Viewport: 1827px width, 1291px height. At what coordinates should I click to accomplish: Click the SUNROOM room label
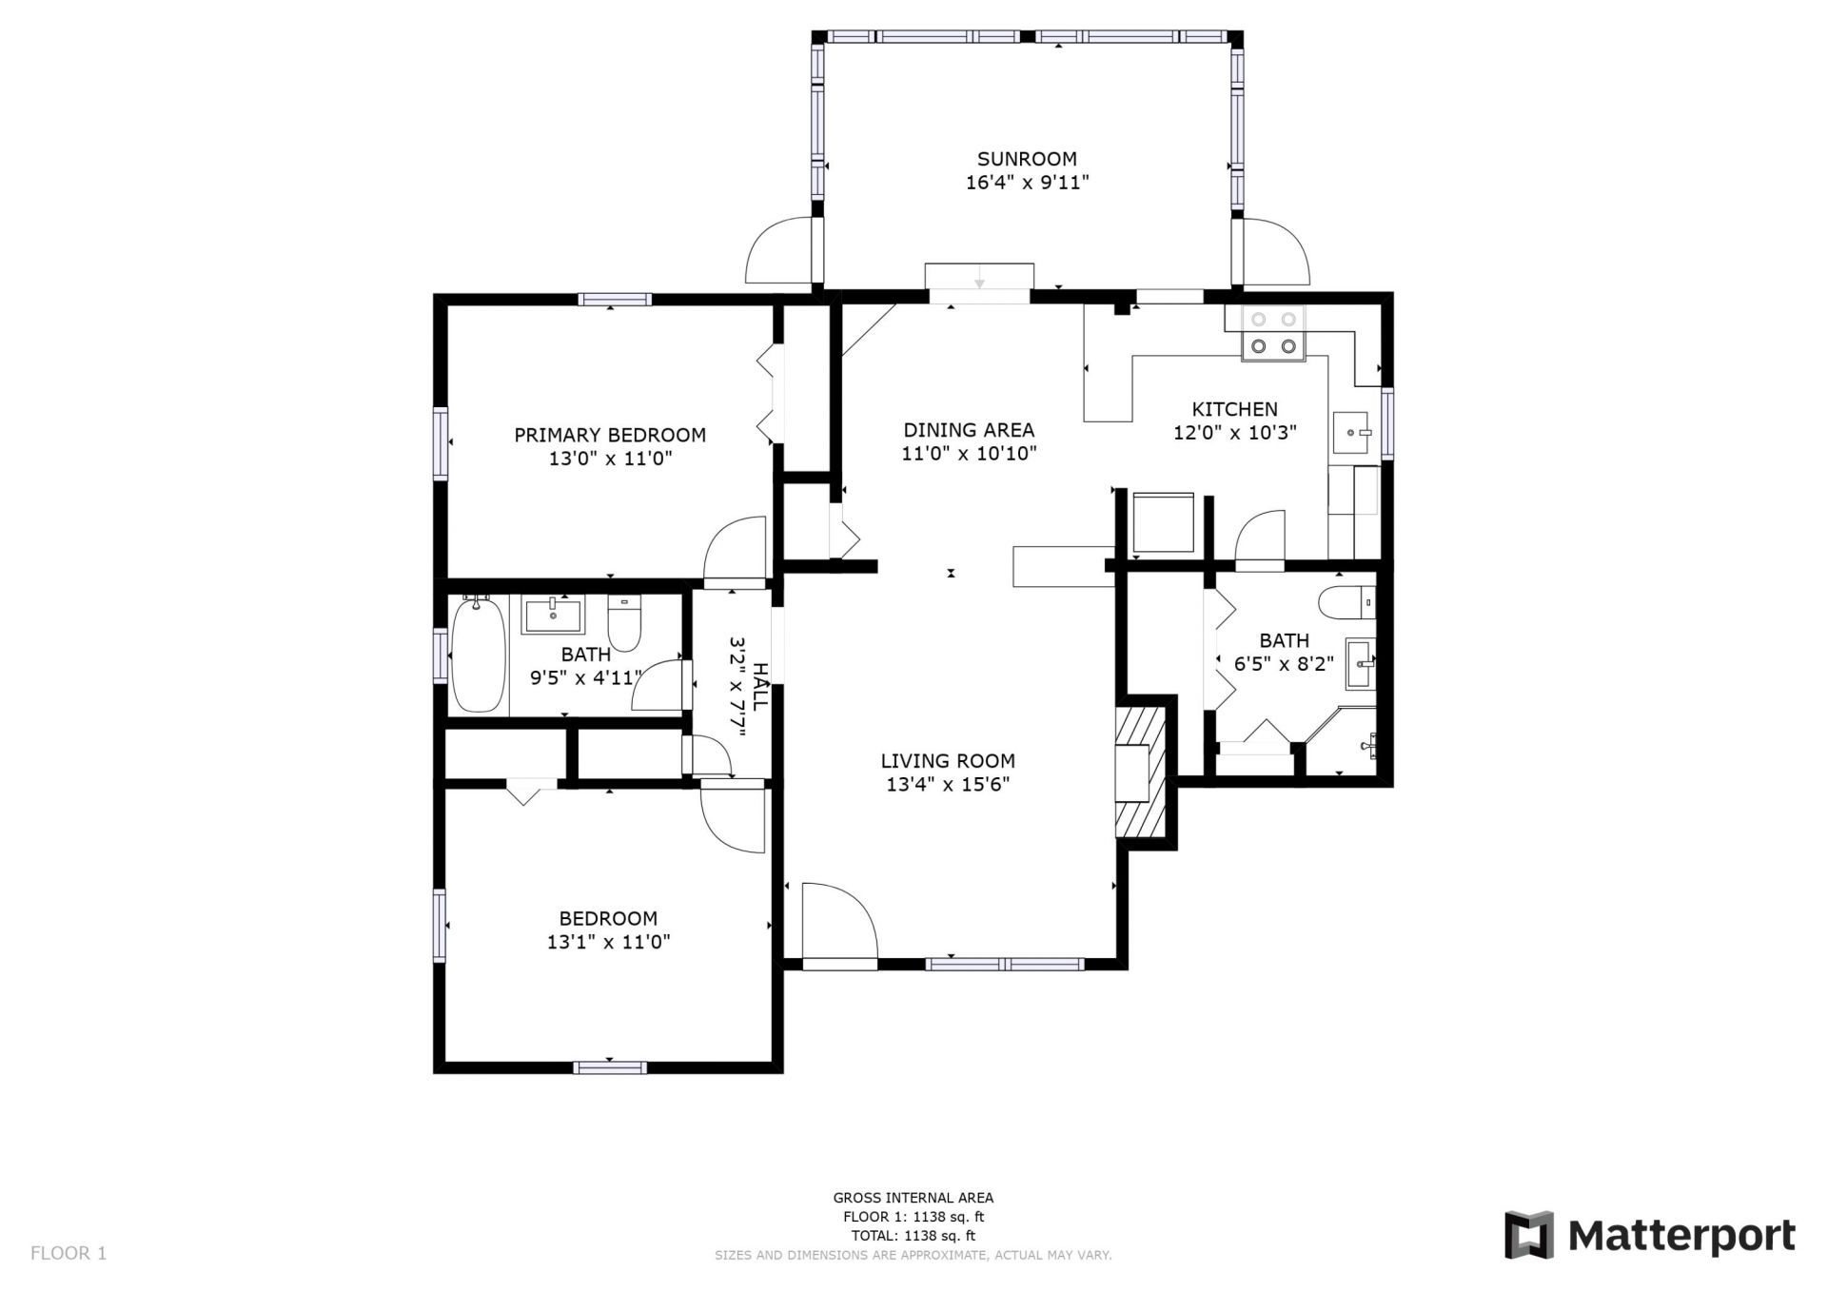click(1027, 159)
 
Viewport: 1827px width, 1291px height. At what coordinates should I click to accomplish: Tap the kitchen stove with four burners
click(1273, 334)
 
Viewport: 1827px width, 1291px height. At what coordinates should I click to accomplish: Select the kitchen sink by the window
click(1351, 434)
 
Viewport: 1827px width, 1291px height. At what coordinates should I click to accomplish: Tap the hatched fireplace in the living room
click(1139, 771)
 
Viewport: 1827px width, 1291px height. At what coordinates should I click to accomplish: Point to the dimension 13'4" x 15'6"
click(947, 785)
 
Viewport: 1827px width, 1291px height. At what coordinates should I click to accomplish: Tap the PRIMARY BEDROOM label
click(610, 435)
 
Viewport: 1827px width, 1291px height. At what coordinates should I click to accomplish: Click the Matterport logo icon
click(1528, 1235)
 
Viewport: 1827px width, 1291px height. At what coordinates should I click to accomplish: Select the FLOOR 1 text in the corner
click(69, 1253)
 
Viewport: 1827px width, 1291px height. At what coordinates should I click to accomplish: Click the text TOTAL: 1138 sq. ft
click(913, 1236)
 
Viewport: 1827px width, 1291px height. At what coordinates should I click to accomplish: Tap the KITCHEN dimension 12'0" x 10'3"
click(1234, 433)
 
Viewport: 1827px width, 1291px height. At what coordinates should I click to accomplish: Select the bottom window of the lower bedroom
click(611, 1066)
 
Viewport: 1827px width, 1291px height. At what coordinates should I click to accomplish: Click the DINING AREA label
click(969, 430)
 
